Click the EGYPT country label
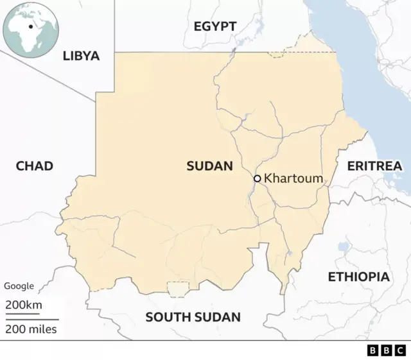215,26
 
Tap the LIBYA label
81,56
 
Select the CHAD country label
34,166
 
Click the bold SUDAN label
209,166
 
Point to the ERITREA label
374,166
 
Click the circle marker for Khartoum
257,178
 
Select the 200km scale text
24,305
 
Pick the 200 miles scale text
31,329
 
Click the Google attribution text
19,286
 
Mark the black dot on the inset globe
30,27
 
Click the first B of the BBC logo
373,351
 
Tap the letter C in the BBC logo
400,351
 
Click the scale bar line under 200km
26,314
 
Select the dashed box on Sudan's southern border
178,289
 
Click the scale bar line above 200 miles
32,320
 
